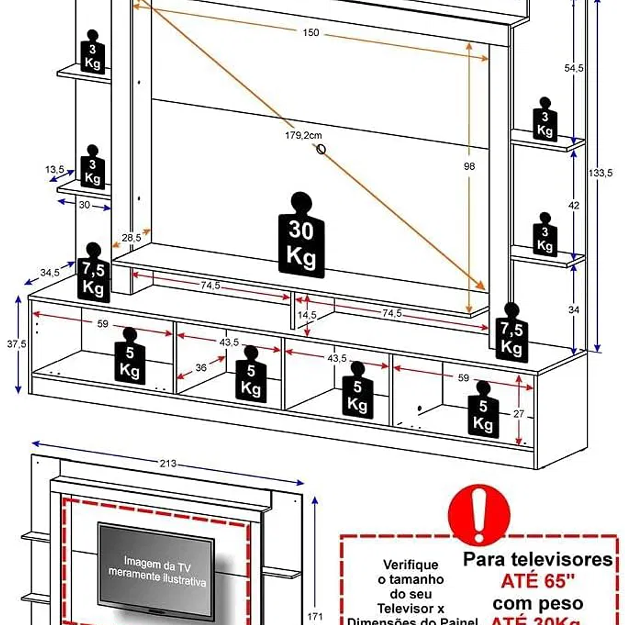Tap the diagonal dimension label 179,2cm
pyautogui.click(x=304, y=135)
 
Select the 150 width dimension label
pyautogui.click(x=310, y=32)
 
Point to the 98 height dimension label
pyautogui.click(x=469, y=166)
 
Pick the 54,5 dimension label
pyautogui.click(x=573, y=68)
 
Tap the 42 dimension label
pyautogui.click(x=574, y=206)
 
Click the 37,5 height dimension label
pyautogui.click(x=17, y=343)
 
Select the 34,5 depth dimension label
pyautogui.click(x=50, y=272)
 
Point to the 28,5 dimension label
pyautogui.click(x=131, y=237)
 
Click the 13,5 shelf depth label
pyautogui.click(x=55, y=169)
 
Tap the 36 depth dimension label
pyautogui.click(x=201, y=367)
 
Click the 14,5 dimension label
pyautogui.click(x=308, y=315)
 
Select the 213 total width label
pyautogui.click(x=169, y=463)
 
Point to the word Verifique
pyautogui.click(x=410, y=565)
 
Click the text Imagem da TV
pyautogui.click(x=156, y=562)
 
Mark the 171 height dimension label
pyautogui.click(x=315, y=616)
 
